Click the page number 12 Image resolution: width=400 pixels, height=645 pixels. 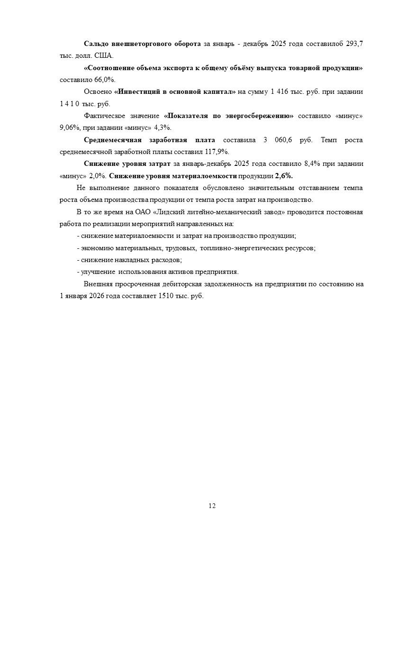click(212, 506)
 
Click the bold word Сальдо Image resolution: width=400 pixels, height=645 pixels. click(96, 44)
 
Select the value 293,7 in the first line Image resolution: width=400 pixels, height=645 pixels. click(354, 44)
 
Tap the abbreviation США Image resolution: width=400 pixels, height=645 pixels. click(104, 55)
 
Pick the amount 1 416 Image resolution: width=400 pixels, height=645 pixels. click(280, 91)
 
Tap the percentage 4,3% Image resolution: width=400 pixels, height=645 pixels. click(163, 128)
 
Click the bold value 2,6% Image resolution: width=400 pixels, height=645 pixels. click(284, 176)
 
